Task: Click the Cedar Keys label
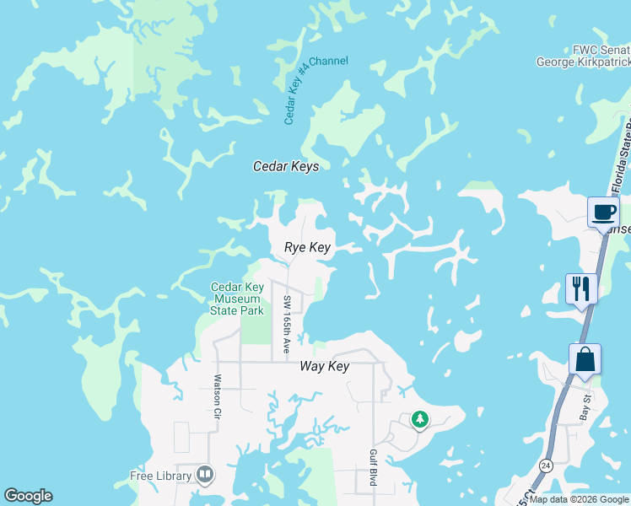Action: click(x=286, y=167)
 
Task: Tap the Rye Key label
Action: click(x=307, y=248)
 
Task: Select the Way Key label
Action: click(x=325, y=367)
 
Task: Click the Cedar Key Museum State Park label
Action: click(x=237, y=299)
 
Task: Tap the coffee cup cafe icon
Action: click(x=603, y=212)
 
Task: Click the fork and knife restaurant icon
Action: click(x=581, y=288)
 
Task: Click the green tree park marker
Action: click(x=419, y=419)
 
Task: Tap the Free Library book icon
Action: click(x=204, y=475)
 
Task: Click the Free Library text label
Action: click(x=160, y=476)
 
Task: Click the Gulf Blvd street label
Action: click(x=372, y=468)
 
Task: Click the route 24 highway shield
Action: click(x=546, y=466)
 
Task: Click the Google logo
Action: click(x=28, y=496)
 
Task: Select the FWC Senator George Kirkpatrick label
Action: click(x=584, y=56)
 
